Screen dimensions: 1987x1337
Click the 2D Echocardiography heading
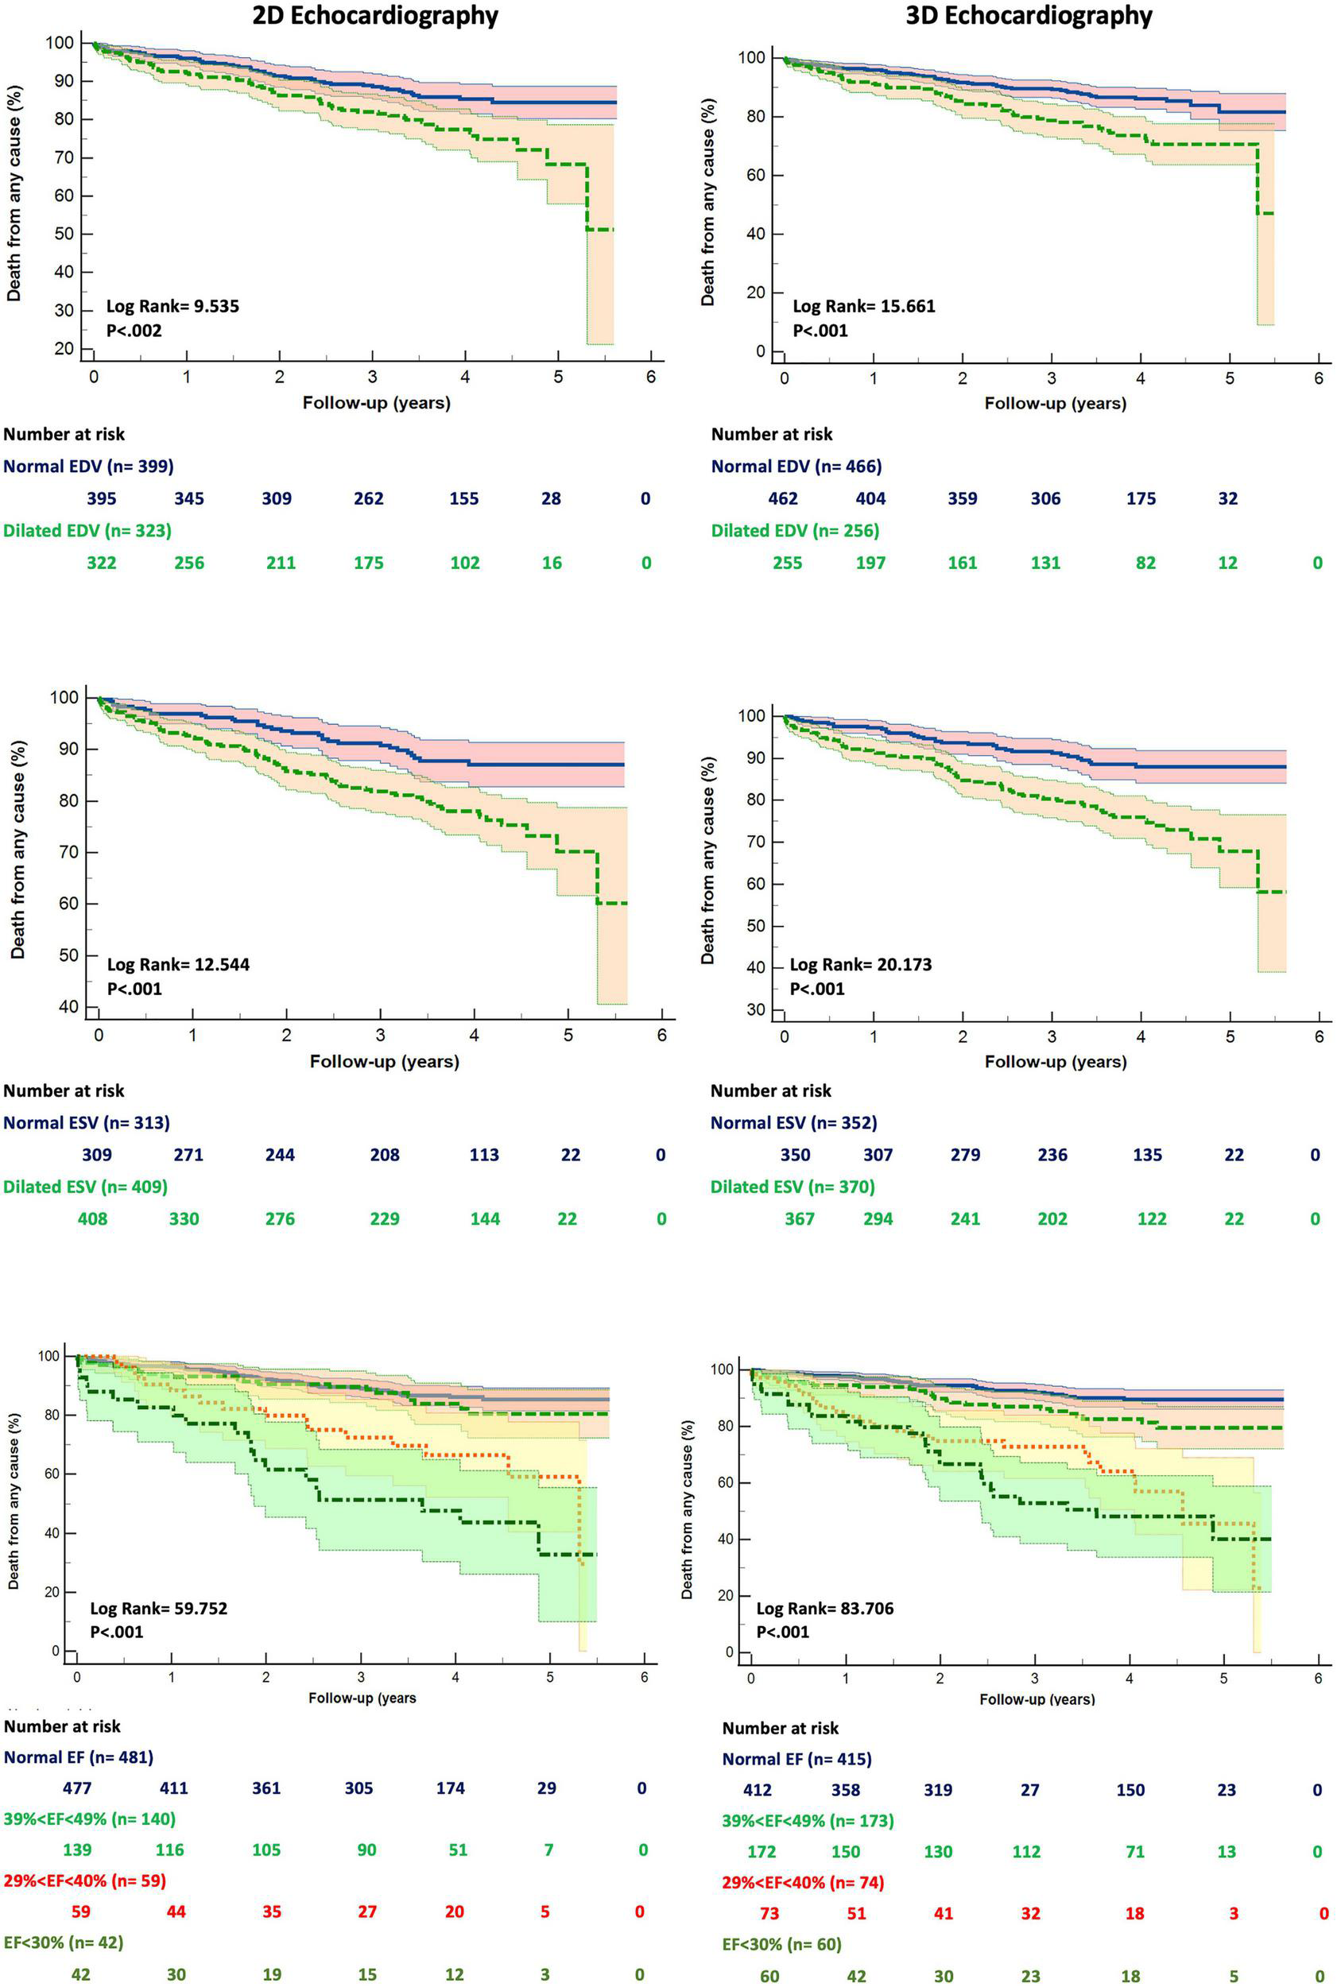click(375, 16)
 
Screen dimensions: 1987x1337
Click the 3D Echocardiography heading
click(1029, 16)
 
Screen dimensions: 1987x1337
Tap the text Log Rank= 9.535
click(172, 306)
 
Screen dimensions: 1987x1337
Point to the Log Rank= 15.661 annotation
click(864, 306)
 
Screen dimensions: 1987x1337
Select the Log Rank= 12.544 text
click(177, 965)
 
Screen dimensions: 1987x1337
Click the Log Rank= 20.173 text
click(860, 965)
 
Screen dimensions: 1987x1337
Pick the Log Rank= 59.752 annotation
click(159, 1609)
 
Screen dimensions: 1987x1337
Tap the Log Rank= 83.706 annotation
click(824, 1609)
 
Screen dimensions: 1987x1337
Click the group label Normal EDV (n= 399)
click(89, 467)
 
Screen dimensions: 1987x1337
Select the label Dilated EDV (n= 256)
click(795, 530)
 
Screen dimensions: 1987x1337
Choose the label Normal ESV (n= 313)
click(86, 1122)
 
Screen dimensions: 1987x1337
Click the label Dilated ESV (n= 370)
click(793, 1187)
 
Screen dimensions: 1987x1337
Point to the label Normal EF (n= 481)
click(79, 1757)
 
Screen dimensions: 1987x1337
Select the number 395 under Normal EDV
click(102, 498)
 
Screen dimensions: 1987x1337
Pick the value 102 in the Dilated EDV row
click(465, 563)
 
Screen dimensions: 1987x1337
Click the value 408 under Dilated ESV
click(93, 1219)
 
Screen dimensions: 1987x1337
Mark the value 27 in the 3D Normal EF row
click(1030, 1790)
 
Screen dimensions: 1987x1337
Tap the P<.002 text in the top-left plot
click(134, 330)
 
